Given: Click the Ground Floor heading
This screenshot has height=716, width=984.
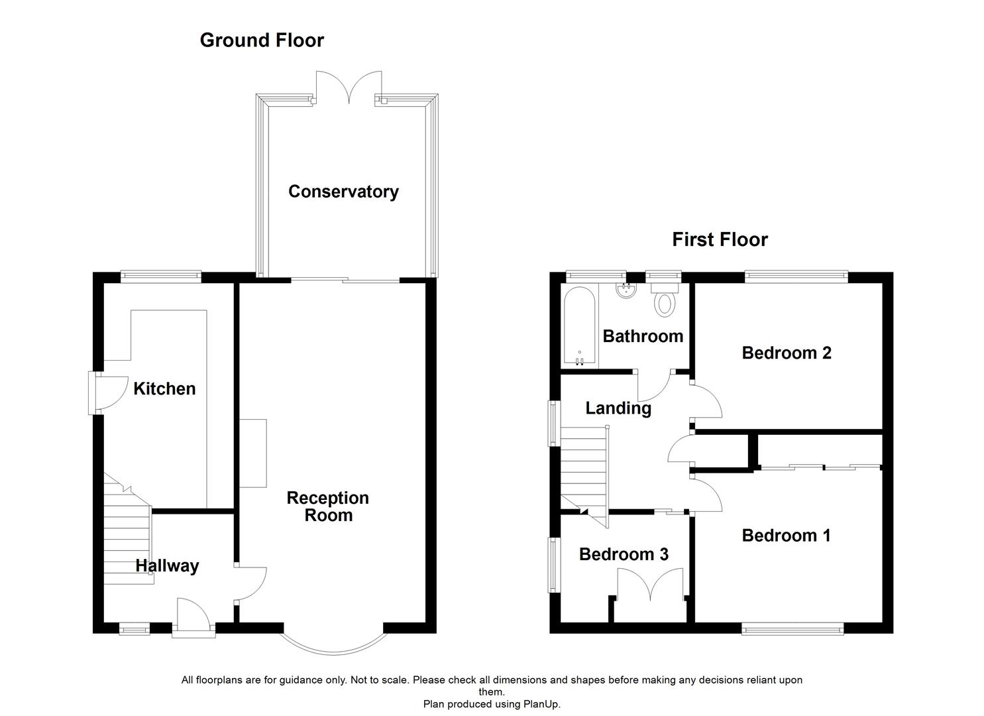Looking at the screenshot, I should [262, 40].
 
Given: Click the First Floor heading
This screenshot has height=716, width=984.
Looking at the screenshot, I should [720, 239].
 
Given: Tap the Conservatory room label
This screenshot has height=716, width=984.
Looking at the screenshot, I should [343, 192].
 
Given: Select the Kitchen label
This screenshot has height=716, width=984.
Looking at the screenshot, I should [164, 388].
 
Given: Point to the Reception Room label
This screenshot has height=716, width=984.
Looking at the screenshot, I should [327, 507].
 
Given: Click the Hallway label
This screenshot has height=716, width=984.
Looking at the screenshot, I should [167, 566].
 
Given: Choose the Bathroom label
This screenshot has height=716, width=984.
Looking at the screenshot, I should [643, 336].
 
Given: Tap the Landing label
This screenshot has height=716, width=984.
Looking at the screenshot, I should [618, 408].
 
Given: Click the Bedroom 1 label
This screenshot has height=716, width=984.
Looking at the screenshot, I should [786, 535].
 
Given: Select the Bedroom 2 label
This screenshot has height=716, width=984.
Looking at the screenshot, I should [786, 353].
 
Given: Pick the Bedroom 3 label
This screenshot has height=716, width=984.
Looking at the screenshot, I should [624, 554].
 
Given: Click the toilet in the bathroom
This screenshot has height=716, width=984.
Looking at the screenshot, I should [663, 299].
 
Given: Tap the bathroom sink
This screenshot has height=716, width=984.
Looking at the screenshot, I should [626, 290].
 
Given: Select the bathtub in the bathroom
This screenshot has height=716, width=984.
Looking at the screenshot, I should [580, 326].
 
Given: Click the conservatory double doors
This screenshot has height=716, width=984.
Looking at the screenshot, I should [349, 88].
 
